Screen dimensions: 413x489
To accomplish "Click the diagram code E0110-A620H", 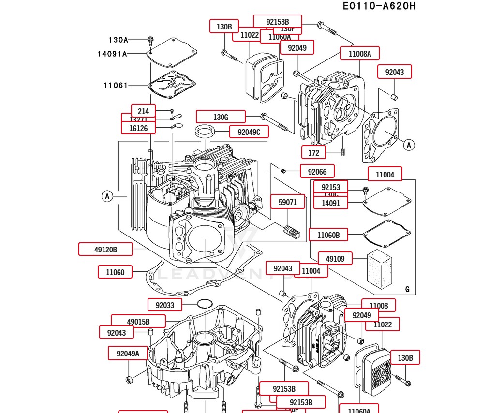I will click(379, 6).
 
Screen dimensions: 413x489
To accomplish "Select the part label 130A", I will click(118, 40).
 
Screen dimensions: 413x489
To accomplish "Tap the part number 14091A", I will click(112, 54).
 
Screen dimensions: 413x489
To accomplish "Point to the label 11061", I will click(116, 86).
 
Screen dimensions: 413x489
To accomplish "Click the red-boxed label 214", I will click(143, 111).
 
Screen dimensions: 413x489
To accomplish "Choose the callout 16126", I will click(138, 128).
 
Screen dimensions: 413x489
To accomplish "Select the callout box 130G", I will click(221, 117).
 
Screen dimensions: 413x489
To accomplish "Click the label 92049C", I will click(249, 132).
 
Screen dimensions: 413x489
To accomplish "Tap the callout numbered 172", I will click(313, 153).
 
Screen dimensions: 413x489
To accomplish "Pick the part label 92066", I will click(317, 172).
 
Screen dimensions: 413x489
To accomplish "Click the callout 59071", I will click(288, 202).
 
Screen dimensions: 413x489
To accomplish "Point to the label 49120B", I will click(105, 250).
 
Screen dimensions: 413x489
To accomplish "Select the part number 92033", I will click(164, 305).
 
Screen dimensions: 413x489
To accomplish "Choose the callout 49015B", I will click(138, 322).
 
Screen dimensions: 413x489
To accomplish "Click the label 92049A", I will click(128, 354).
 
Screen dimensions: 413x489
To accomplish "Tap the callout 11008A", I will click(359, 54).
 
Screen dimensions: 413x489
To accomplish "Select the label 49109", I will click(335, 259).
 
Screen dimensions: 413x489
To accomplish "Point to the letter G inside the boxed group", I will click(407, 289).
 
